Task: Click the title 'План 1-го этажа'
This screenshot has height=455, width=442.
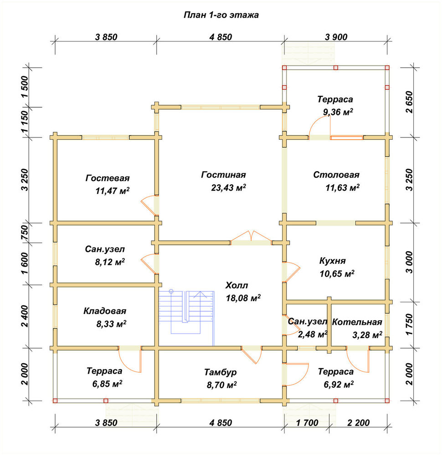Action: pos(221,15)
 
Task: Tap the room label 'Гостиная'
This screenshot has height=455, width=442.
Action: pos(223,175)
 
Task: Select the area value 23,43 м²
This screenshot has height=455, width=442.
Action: pos(228,187)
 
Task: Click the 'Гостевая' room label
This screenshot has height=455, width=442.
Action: pos(108,178)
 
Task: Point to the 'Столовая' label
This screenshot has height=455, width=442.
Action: pos(336,175)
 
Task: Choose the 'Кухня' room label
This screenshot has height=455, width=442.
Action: pos(333,261)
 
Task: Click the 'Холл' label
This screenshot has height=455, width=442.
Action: pos(236,285)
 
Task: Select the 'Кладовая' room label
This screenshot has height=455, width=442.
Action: pos(105,311)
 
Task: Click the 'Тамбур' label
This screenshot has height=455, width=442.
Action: pos(220,372)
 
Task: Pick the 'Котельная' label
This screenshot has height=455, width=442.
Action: pos(357,322)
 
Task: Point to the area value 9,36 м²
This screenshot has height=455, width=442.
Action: pos(338,112)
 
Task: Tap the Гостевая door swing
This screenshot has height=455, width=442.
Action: pos(148,206)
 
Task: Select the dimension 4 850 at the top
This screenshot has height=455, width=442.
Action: pos(221,37)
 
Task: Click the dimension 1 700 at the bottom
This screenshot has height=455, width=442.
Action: pos(308,423)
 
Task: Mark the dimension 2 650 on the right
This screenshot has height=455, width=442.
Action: pos(409,102)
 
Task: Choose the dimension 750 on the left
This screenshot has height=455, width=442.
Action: pos(25,232)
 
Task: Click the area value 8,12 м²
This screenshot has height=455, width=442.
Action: pos(110,262)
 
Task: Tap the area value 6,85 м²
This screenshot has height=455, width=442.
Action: pos(107,384)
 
